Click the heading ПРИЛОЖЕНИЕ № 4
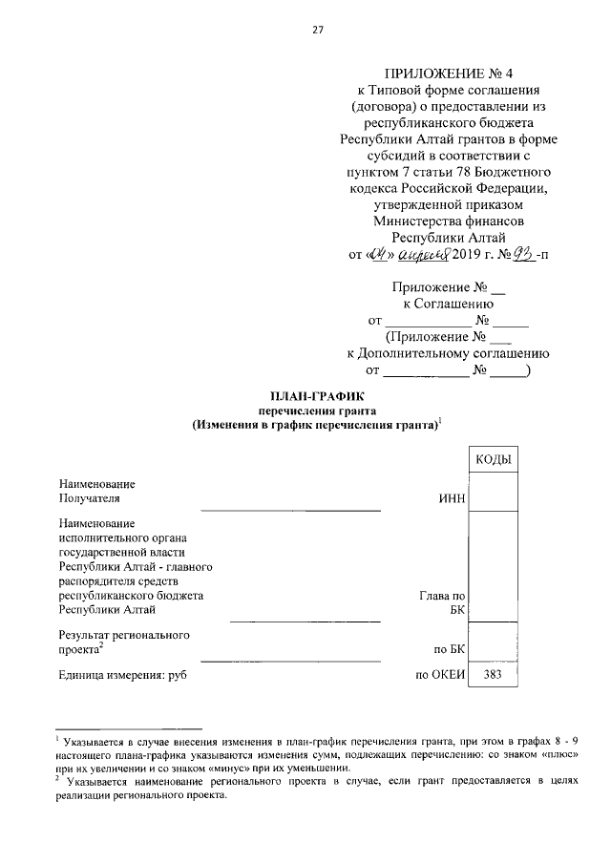coord(449,73)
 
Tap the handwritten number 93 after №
coord(523,254)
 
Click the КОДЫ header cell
coord(492,460)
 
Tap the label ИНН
coord(450,497)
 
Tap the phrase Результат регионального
coord(124,634)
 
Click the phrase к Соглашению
coord(448,303)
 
